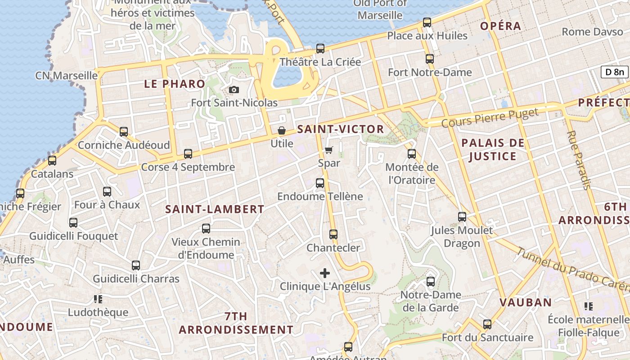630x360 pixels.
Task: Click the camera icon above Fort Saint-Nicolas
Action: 234,90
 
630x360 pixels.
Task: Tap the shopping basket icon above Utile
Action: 282,131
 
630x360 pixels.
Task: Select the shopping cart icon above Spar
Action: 329,150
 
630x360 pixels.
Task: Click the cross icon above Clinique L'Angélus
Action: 325,273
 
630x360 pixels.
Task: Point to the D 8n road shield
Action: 614,72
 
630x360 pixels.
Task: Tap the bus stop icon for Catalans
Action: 52,161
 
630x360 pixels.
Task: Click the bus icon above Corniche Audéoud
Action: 124,132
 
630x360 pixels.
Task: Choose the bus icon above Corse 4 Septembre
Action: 188,154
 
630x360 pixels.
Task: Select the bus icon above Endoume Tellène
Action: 320,183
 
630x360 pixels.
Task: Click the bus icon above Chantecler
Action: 333,234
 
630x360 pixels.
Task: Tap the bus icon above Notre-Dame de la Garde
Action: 431,282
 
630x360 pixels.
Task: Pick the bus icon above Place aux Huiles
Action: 427,22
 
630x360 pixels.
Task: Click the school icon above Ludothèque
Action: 98,299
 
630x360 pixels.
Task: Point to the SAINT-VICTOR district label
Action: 341,130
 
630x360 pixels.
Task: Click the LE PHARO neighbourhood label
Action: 175,84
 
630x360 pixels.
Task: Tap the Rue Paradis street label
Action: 579,160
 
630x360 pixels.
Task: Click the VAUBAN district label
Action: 526,302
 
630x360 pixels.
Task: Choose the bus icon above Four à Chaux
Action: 107,192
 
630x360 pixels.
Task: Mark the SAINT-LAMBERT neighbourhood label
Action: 215,209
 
